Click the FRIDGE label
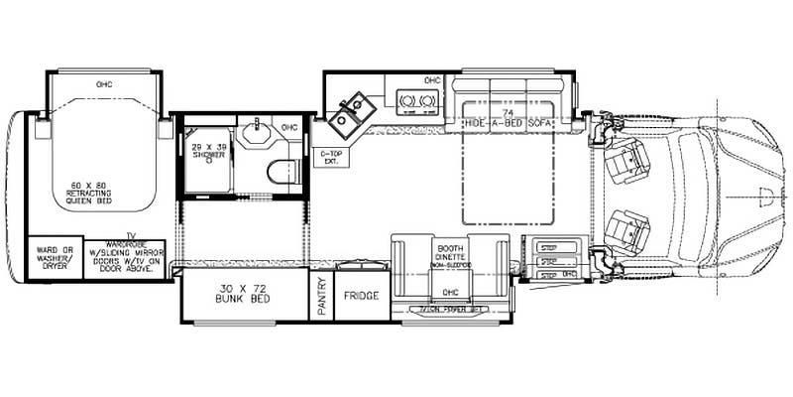click(357, 296)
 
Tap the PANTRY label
click(322, 296)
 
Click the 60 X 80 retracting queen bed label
click(90, 193)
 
